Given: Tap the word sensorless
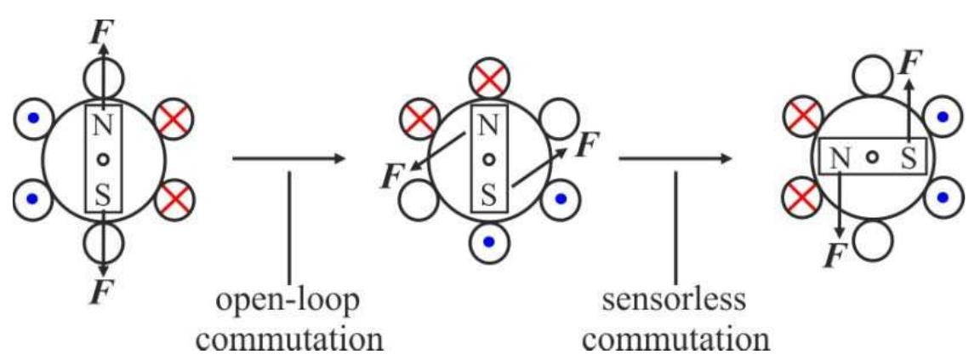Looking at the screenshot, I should click(675, 300).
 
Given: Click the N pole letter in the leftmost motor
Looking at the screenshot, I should click(102, 126).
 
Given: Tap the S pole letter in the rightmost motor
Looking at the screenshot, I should click(909, 156).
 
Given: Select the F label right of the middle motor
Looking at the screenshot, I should click(585, 144).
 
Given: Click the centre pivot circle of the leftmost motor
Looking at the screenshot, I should click(103, 159).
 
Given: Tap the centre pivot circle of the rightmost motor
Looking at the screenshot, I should click(872, 157).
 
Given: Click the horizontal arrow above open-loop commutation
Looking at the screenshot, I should click(288, 158).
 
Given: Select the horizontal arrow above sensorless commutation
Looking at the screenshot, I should click(675, 158).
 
